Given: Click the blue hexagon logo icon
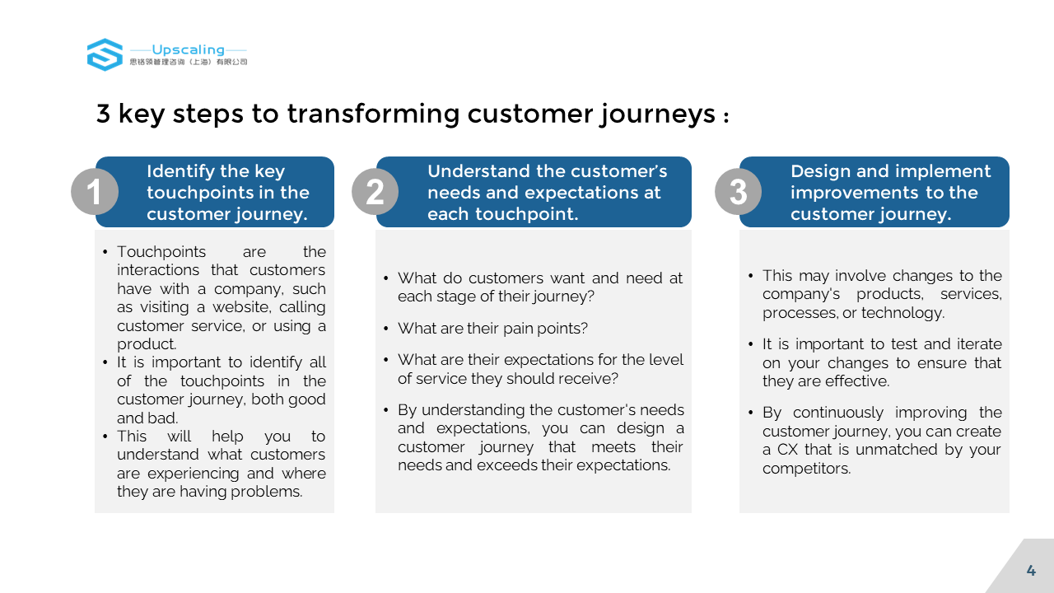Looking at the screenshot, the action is click(x=105, y=54).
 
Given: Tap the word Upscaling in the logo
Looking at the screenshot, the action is click(x=189, y=50).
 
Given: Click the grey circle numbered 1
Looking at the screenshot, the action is click(x=95, y=192).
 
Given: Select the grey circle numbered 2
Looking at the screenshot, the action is click(x=375, y=192).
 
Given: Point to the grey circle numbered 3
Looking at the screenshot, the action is click(x=739, y=192).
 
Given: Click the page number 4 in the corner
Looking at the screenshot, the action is click(x=1031, y=571).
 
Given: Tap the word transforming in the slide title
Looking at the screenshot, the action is click(x=373, y=114).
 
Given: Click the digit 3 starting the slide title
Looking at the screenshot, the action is click(x=103, y=114).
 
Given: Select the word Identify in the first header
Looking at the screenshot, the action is click(x=180, y=171).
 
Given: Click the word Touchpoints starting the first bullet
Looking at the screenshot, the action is click(x=161, y=252).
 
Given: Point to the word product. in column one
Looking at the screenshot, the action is click(x=147, y=344).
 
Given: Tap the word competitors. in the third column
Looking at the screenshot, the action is click(x=806, y=469).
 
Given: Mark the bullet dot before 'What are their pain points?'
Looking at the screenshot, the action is click(x=386, y=329).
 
